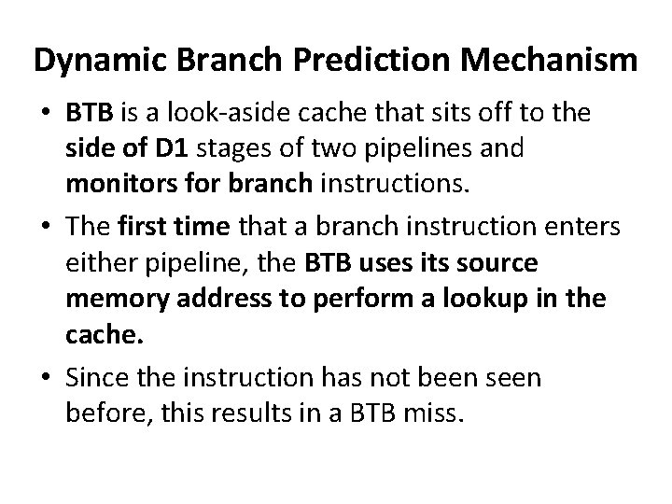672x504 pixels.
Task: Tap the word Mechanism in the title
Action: click(556, 61)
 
